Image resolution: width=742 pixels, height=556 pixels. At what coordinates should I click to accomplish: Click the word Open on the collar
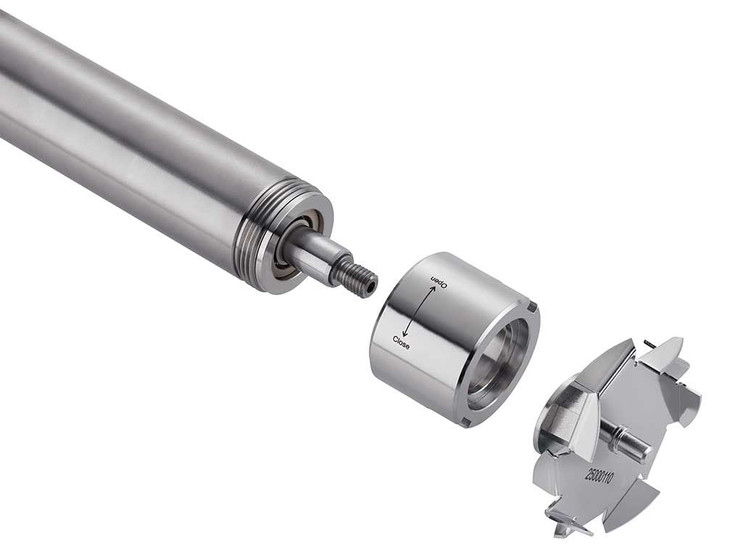click(x=440, y=282)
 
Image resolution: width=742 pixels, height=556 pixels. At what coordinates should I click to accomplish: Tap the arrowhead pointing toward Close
click(x=405, y=334)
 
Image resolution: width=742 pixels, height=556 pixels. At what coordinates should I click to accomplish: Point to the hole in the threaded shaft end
click(x=370, y=287)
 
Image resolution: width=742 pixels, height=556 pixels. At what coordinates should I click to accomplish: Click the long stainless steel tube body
click(x=123, y=130)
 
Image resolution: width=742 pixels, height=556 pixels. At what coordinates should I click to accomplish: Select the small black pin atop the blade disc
click(x=649, y=344)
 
